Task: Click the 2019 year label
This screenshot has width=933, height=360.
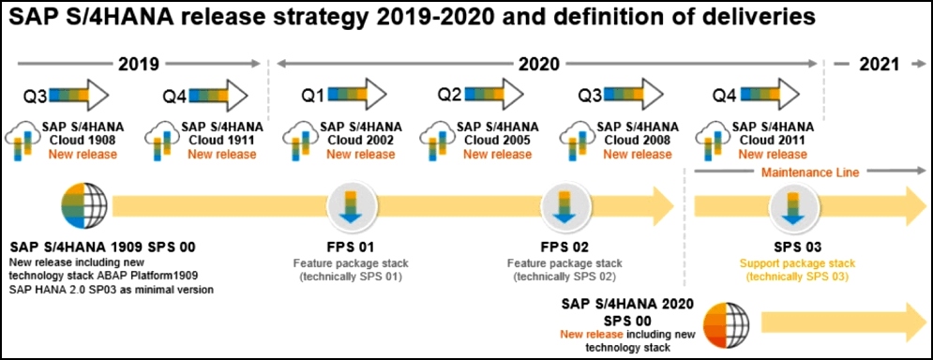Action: coord(140,64)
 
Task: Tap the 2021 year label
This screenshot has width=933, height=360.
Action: coord(879,65)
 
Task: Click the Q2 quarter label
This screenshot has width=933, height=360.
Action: coord(450,94)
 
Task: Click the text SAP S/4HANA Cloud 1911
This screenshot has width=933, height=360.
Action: coord(222,134)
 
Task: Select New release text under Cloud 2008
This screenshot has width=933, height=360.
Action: coord(638,154)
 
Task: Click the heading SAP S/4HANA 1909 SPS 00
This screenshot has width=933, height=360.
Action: coord(102,247)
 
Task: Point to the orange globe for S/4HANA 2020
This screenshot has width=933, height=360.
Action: coord(726,325)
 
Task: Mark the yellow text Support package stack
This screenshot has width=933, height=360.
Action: coord(797,263)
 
